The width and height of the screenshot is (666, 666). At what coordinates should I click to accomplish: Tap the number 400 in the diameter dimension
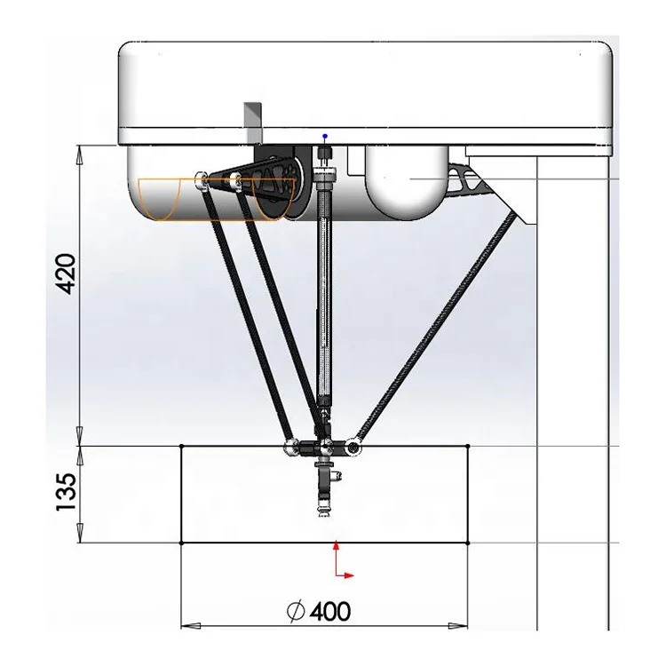pyautogui.click(x=329, y=611)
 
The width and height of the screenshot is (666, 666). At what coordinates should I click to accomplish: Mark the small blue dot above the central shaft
pyautogui.click(x=325, y=136)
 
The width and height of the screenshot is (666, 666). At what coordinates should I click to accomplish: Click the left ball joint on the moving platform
pyautogui.click(x=290, y=447)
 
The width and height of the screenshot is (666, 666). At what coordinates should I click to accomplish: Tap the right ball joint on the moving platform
pyautogui.click(x=353, y=447)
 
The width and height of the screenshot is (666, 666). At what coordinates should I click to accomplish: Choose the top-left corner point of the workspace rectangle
pyautogui.click(x=181, y=446)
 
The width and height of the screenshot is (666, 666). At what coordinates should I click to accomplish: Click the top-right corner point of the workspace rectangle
pyautogui.click(x=468, y=446)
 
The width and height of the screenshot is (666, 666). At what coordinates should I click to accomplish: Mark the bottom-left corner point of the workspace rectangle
pyautogui.click(x=181, y=543)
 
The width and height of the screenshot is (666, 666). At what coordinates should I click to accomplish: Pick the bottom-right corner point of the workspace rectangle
pyautogui.click(x=468, y=543)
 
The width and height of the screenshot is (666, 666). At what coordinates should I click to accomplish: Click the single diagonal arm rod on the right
pyautogui.click(x=435, y=329)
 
